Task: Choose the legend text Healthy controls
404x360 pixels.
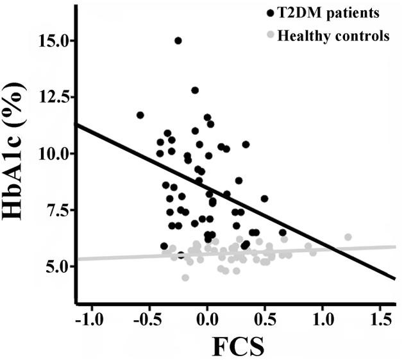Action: tap(333, 36)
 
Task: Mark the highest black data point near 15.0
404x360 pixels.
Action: tap(178, 40)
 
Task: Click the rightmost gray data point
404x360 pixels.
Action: tap(348, 237)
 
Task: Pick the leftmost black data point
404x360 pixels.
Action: tap(140, 116)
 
